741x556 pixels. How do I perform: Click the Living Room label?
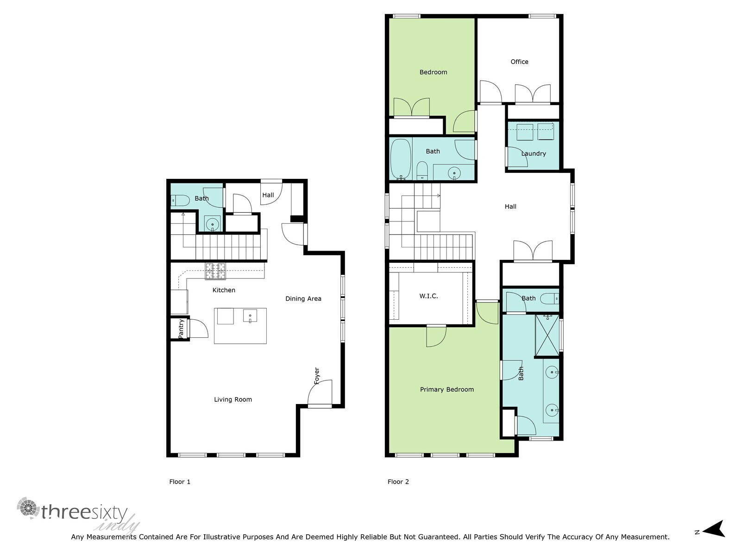point(233,399)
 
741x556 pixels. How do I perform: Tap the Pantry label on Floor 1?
point(181,328)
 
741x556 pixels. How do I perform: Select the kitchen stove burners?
point(215,272)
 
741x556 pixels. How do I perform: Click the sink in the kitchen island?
point(250,316)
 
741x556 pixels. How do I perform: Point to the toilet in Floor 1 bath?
point(180,201)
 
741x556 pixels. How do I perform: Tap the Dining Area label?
point(303,299)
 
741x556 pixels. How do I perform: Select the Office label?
point(519,62)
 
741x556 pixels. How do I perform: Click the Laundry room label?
point(534,153)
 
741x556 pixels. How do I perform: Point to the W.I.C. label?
point(428,296)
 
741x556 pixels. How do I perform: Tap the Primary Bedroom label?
point(447,389)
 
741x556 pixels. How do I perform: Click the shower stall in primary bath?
point(547,335)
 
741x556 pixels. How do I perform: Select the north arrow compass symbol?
point(714,529)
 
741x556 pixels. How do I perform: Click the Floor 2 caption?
point(398,481)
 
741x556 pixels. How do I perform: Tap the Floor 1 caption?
point(180,481)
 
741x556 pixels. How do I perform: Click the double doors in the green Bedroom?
point(411,107)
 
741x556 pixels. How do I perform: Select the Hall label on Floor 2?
point(510,207)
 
